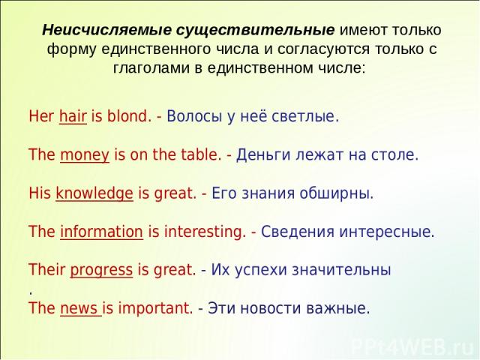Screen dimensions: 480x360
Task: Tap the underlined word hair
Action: point(73,117)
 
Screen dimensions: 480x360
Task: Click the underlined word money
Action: point(85,155)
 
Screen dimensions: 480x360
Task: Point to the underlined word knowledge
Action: point(94,193)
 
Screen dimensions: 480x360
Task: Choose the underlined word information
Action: point(102,232)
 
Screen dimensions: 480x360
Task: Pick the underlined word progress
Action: point(101,270)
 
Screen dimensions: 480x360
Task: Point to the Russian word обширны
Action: point(337,193)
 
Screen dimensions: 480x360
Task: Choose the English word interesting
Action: point(205,232)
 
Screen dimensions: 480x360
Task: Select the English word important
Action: point(155,308)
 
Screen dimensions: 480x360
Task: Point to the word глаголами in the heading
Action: point(151,68)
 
